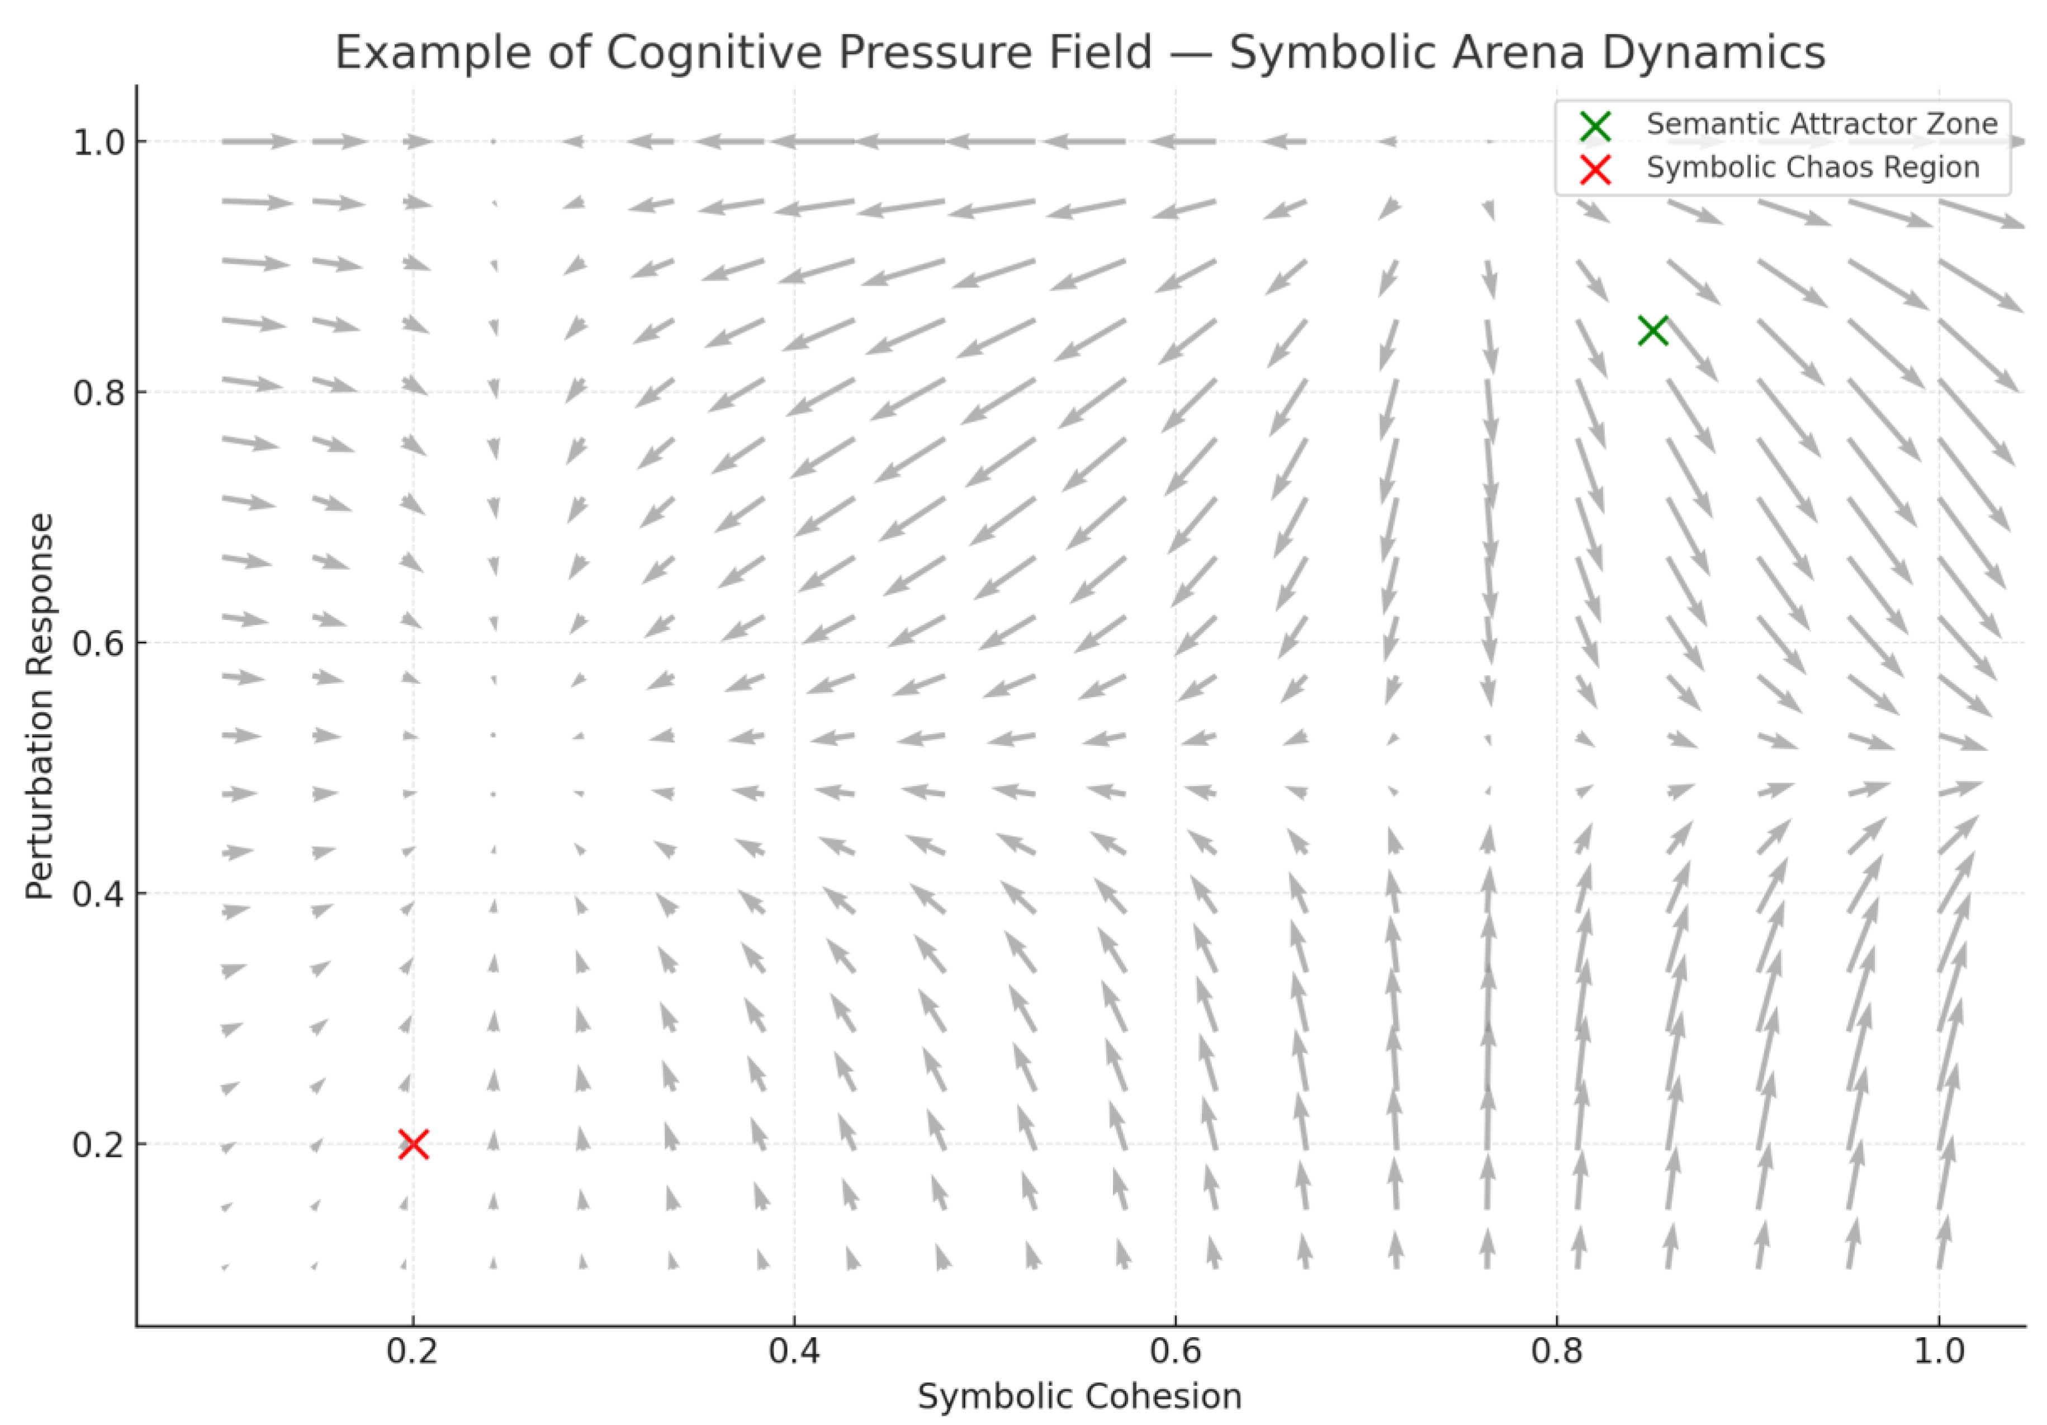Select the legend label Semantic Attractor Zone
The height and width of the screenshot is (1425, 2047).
pyautogui.click(x=1821, y=124)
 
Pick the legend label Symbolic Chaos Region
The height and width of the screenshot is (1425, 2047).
pyautogui.click(x=1813, y=168)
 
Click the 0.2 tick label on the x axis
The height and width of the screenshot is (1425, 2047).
pyautogui.click(x=412, y=1351)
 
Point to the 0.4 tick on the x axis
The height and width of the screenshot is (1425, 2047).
pyautogui.click(x=794, y=1351)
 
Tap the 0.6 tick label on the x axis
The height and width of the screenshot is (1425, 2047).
pyautogui.click(x=1175, y=1351)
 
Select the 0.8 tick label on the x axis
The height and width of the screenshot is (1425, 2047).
pyautogui.click(x=1557, y=1351)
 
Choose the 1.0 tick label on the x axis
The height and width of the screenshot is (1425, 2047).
pyautogui.click(x=1938, y=1351)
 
